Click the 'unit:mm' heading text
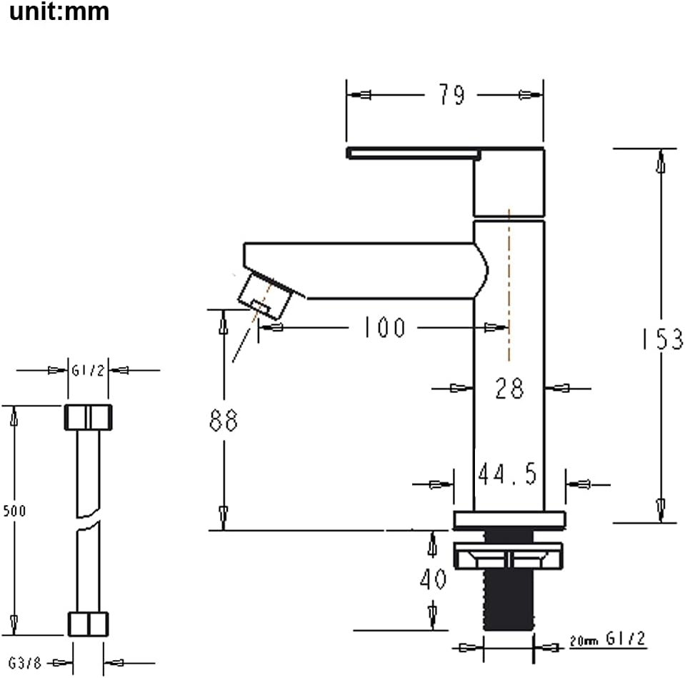tap(59, 12)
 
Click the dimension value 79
tap(451, 95)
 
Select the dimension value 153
tap(660, 339)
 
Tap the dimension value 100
tap(383, 328)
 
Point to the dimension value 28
tap(509, 389)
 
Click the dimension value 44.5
tap(507, 474)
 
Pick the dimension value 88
tap(223, 421)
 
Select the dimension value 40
tap(433, 579)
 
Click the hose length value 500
tap(14, 511)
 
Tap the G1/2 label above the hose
tap(87, 370)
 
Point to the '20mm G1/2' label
tap(607, 639)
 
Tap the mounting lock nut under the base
tap(508, 555)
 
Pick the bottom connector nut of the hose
tap(87, 623)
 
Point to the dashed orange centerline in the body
tap(509, 286)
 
